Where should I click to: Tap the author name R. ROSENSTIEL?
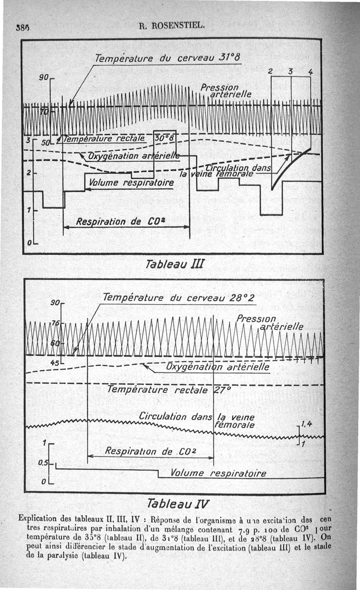tap(172, 25)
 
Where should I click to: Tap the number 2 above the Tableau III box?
tap(270, 71)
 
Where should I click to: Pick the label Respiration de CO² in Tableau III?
tap(115, 221)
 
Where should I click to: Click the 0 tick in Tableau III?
tap(29, 243)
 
